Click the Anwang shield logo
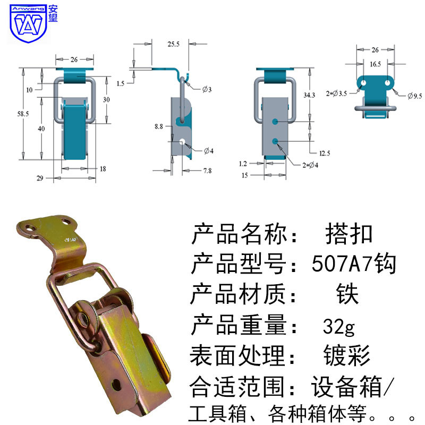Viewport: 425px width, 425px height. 28,23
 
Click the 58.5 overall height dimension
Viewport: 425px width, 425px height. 23,114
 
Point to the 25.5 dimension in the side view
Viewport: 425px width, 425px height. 174,44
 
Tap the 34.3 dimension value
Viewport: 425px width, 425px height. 309,95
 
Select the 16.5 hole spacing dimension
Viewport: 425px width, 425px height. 376,64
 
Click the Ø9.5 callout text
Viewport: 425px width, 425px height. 415,96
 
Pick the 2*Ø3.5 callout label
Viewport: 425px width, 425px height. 336,94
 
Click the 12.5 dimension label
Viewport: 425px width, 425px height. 325,154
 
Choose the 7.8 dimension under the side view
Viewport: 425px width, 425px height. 207,171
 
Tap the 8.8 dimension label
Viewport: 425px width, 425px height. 159,126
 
